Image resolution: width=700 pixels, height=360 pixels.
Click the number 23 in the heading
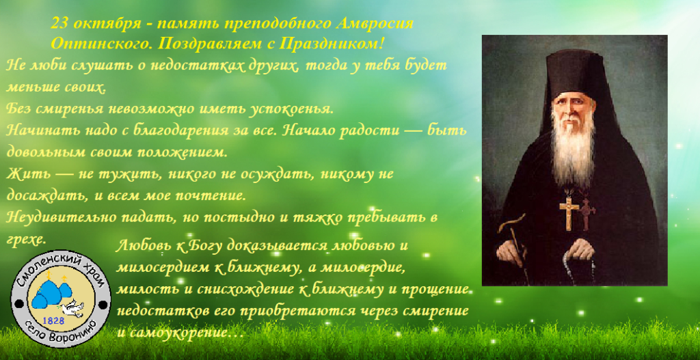(60, 23)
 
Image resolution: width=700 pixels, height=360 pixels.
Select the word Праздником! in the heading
(331, 44)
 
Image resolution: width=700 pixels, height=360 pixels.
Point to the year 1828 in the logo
(53, 321)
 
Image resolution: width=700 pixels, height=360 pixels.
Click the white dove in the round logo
(73, 308)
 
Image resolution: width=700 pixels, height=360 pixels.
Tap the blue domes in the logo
(51, 291)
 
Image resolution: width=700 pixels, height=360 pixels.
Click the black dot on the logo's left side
(18, 304)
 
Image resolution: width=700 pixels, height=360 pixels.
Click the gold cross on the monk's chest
(569, 210)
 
